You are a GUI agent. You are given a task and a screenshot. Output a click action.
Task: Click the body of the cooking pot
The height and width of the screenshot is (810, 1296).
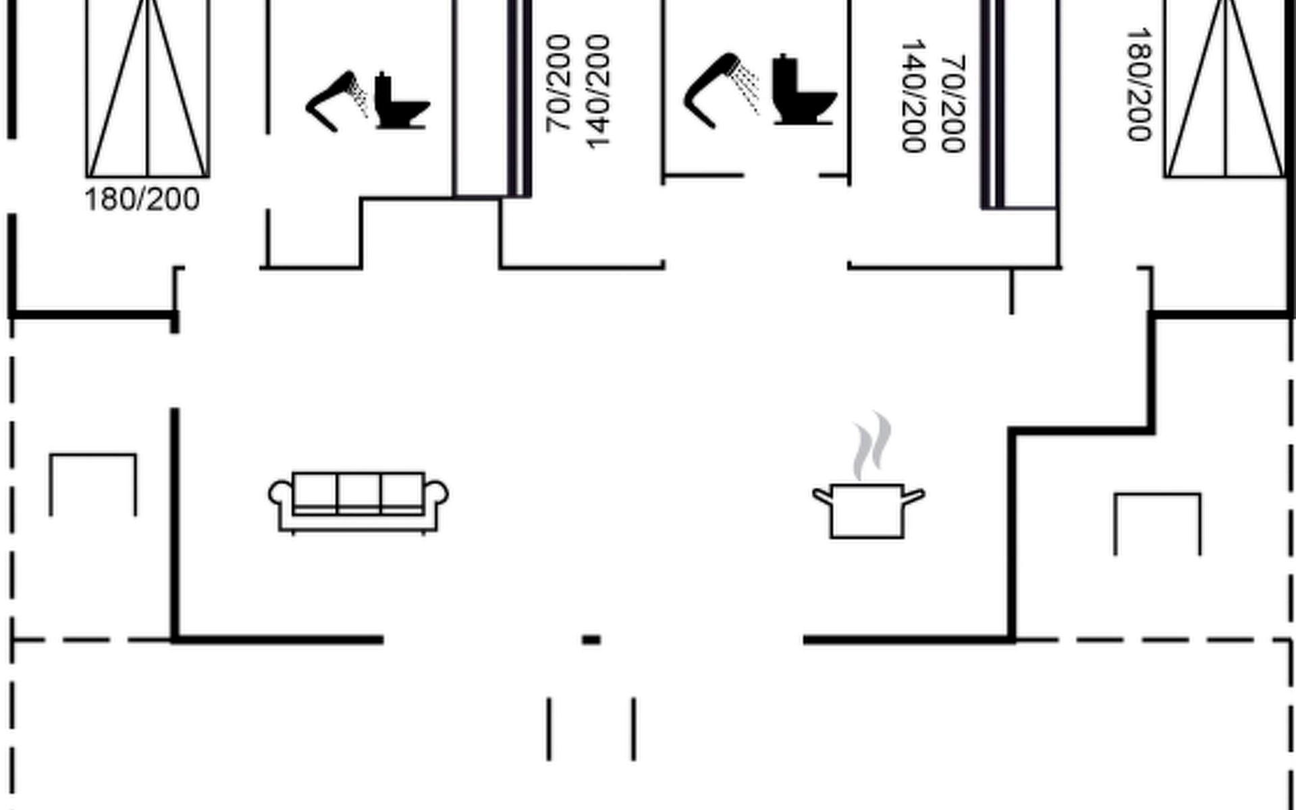pyautogui.click(x=867, y=511)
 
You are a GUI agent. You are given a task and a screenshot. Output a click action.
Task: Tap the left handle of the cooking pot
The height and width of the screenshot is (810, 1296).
pyautogui.click(x=822, y=496)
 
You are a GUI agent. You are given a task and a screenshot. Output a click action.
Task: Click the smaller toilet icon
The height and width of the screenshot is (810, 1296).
pyautogui.click(x=402, y=101)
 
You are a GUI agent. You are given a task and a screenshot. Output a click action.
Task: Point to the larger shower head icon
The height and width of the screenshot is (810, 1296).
pyautogui.click(x=721, y=89)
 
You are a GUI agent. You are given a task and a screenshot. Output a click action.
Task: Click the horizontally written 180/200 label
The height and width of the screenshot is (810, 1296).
pyautogui.click(x=142, y=200)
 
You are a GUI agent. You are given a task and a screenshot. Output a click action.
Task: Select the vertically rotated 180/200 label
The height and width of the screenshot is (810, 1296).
pyautogui.click(x=1139, y=84)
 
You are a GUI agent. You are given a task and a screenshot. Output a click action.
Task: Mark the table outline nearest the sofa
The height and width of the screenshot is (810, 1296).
pyautogui.click(x=93, y=456)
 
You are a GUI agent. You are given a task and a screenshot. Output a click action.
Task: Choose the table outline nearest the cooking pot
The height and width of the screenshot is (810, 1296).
pyautogui.click(x=1158, y=495)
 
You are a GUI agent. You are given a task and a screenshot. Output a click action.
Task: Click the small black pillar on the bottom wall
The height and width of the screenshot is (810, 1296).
pyautogui.click(x=591, y=639)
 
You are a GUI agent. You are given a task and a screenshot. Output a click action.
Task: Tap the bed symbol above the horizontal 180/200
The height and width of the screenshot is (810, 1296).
pyautogui.click(x=148, y=88)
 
